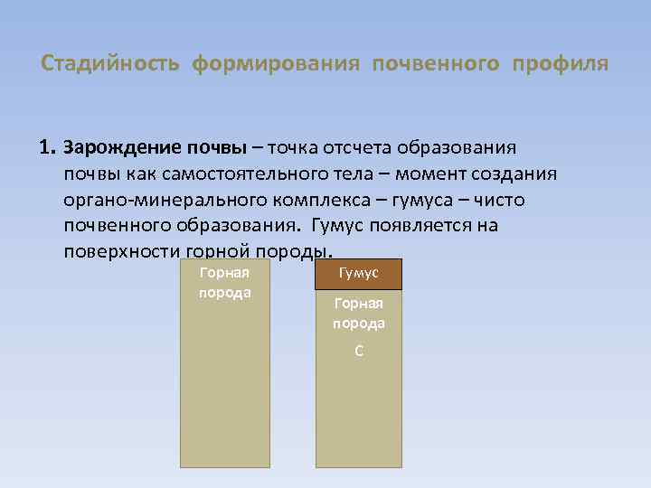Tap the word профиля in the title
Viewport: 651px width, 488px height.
(x=560, y=65)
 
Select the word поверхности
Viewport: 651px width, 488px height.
(x=120, y=250)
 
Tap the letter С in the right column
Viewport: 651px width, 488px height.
(x=359, y=351)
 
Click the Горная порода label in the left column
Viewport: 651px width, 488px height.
(x=224, y=282)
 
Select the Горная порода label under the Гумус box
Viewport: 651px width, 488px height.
(x=359, y=314)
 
